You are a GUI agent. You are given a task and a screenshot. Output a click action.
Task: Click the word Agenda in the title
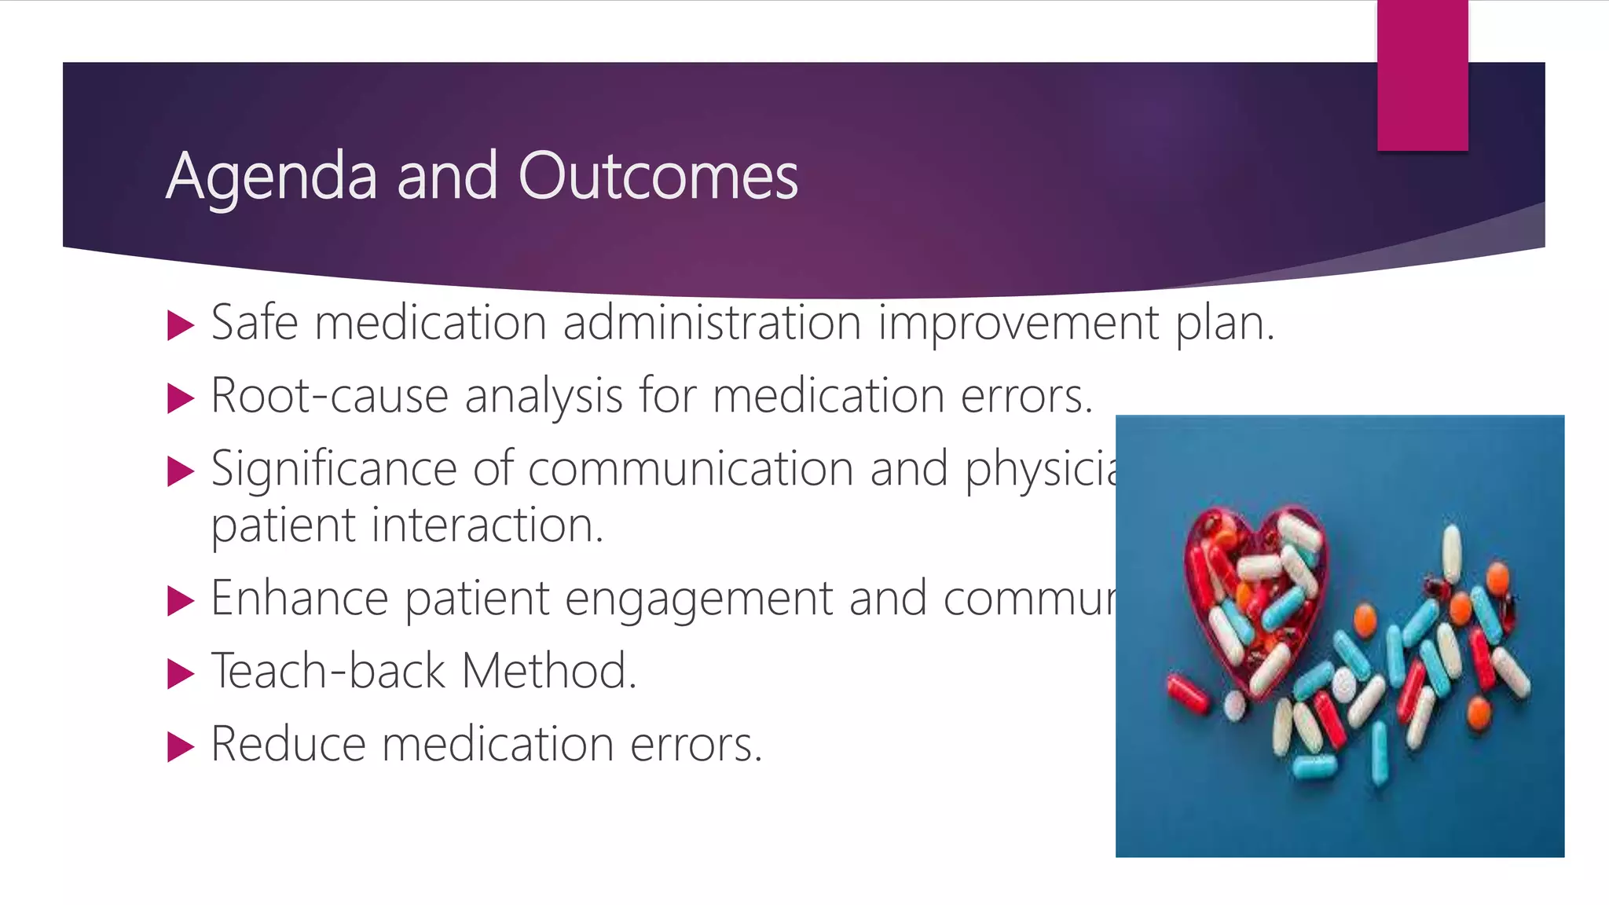pyautogui.click(x=271, y=177)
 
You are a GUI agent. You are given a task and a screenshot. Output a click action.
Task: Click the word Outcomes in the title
pyautogui.click(x=658, y=175)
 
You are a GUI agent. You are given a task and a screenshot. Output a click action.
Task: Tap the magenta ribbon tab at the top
pyautogui.click(x=1422, y=75)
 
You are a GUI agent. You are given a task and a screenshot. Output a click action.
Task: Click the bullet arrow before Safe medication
pyautogui.click(x=181, y=325)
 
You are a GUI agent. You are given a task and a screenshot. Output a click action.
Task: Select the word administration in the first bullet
pyautogui.click(x=712, y=323)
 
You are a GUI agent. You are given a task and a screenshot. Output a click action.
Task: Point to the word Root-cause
pyautogui.click(x=329, y=396)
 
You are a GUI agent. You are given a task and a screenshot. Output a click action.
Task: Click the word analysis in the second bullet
pyautogui.click(x=544, y=396)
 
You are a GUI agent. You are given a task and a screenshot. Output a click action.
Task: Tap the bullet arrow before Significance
pyautogui.click(x=181, y=471)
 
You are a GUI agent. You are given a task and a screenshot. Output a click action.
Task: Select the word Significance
pyautogui.click(x=333, y=470)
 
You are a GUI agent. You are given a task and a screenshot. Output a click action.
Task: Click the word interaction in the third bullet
pyautogui.click(x=487, y=525)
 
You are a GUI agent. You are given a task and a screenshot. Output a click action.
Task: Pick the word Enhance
pyautogui.click(x=299, y=599)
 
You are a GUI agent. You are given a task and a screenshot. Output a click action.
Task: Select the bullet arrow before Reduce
pyautogui.click(x=181, y=746)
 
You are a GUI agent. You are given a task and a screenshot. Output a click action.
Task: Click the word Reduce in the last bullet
pyautogui.click(x=288, y=744)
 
